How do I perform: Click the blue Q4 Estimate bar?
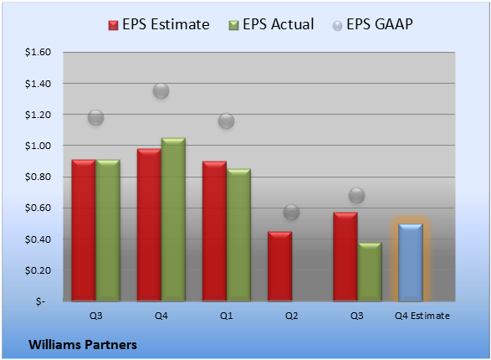tap(411, 262)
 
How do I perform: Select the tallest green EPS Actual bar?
tap(173, 219)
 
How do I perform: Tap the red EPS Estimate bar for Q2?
tap(279, 266)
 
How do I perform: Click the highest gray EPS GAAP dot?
tap(161, 91)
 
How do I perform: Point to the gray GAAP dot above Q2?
tap(292, 212)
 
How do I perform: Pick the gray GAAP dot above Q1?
tap(226, 121)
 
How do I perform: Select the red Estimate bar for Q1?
tap(214, 231)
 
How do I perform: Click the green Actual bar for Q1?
tap(238, 235)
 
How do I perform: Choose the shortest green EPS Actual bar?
tap(370, 271)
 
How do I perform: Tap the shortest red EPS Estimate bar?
tap(279, 266)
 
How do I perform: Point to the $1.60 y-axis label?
tap(38, 52)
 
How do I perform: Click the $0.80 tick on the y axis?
tap(38, 177)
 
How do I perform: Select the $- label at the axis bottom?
tap(40, 301)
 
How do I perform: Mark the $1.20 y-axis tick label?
tap(38, 115)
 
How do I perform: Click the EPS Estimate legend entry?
tap(159, 24)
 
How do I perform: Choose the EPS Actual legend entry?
tap(271, 24)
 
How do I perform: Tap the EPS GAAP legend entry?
tap(372, 24)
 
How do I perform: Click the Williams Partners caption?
tap(83, 345)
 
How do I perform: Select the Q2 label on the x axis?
tap(292, 316)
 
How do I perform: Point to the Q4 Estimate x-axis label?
tap(422, 316)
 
